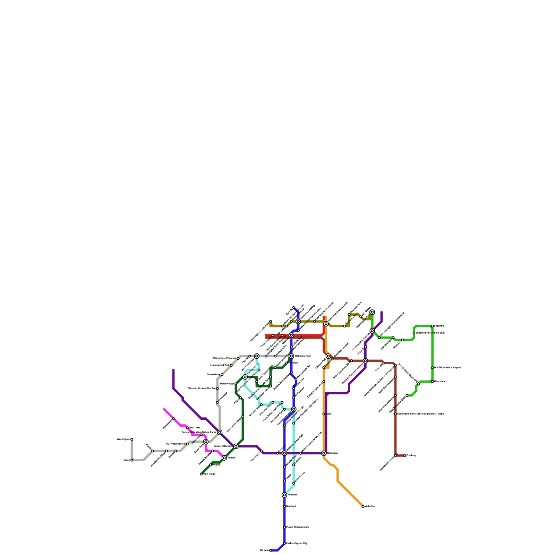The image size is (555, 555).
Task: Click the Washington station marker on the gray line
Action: pos(132,439)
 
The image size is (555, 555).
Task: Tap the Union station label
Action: pos(127,460)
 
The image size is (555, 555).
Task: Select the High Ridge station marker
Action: pos(201,474)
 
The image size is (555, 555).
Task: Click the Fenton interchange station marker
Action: pos(224,458)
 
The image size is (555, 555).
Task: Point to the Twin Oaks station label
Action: pos(195,428)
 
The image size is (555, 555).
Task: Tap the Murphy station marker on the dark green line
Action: pos(211,465)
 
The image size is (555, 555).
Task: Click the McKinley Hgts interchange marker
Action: pos(291,356)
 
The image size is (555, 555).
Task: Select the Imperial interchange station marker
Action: pos(284,495)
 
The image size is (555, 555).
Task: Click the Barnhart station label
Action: pos(291,506)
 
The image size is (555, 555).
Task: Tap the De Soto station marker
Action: pos(271,550)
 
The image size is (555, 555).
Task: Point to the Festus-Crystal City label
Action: pos(297,543)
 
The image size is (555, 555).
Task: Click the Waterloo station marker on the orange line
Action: pos(363,506)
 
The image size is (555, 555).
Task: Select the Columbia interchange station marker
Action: pos(324,453)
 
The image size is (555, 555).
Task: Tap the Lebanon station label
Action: pos(439,326)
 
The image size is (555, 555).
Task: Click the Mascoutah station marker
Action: pos(433,382)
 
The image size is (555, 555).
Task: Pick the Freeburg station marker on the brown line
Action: pos(405,455)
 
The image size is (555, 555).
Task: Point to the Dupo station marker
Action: pos(324,414)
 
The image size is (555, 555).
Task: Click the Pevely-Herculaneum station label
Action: pos(297,527)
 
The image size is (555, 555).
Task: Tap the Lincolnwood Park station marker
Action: pos(231,365)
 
